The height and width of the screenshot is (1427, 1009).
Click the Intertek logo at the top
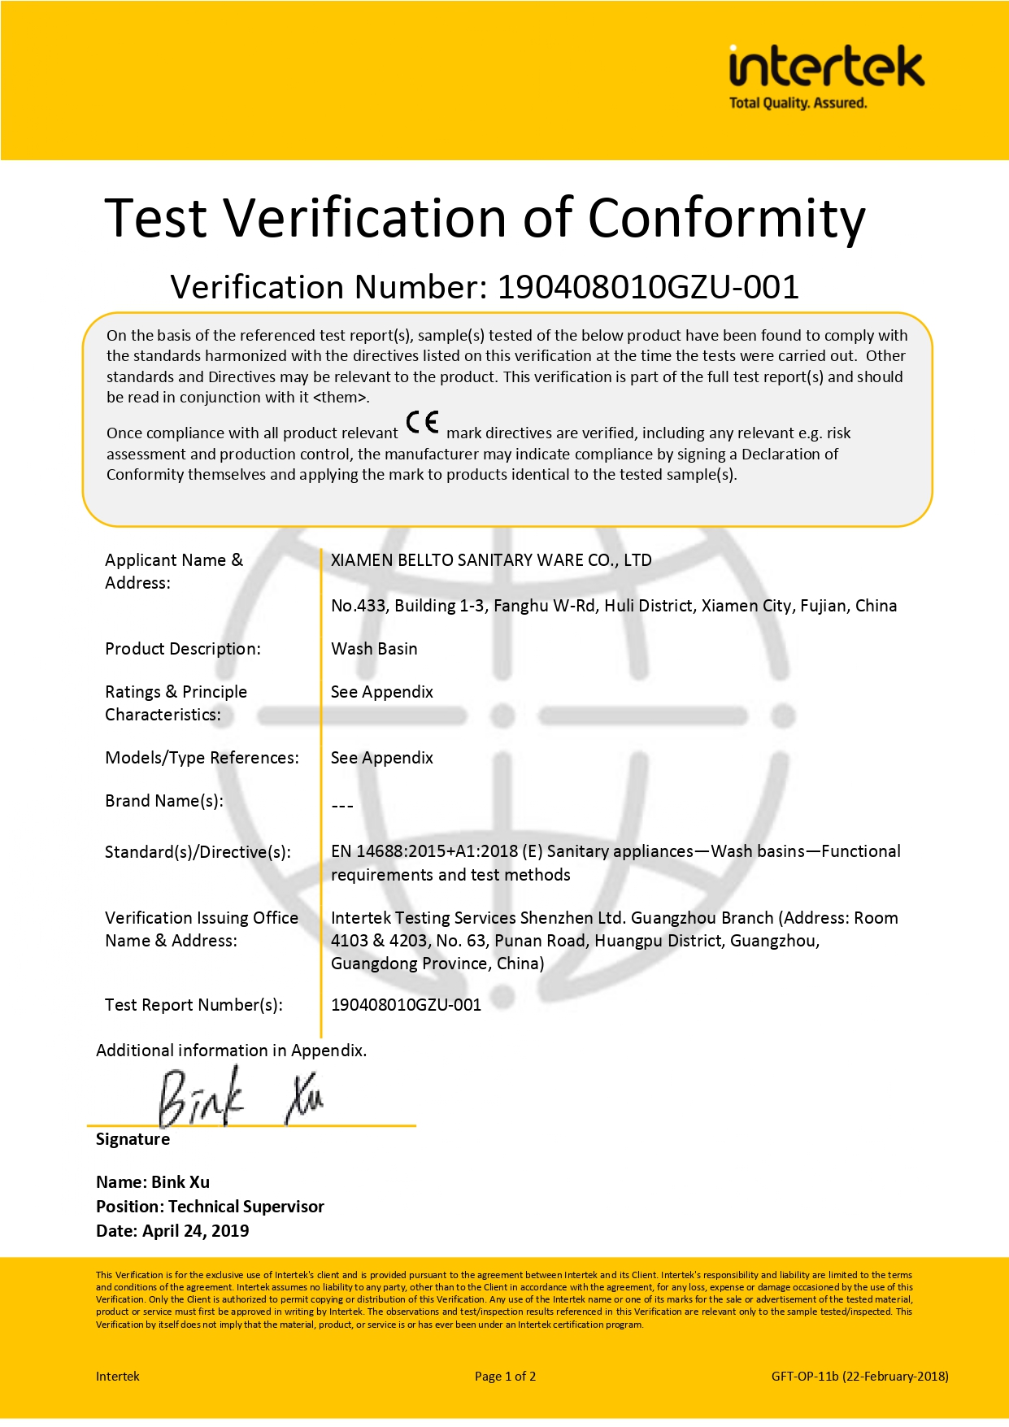pyautogui.click(x=826, y=68)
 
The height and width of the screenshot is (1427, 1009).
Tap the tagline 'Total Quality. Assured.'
pyautogui.click(x=798, y=103)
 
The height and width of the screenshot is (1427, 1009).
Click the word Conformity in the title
pyautogui.click(x=726, y=219)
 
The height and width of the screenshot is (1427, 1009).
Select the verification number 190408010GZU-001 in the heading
pyautogui.click(x=648, y=287)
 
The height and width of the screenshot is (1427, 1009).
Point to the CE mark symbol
pyautogui.click(x=422, y=423)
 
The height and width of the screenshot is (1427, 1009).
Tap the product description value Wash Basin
pyautogui.click(x=374, y=649)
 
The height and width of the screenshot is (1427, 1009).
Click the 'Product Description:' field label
pyautogui.click(x=183, y=649)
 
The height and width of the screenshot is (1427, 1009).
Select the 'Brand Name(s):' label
pyautogui.click(x=164, y=801)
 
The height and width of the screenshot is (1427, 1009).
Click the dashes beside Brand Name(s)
pyautogui.click(x=342, y=806)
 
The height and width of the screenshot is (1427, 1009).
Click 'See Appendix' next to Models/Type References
pyautogui.click(x=381, y=758)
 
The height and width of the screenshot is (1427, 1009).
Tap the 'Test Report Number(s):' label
pyautogui.click(x=194, y=1005)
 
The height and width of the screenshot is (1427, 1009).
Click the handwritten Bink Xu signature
pyautogui.click(x=241, y=1098)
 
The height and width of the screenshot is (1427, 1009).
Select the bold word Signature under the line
pyautogui.click(x=133, y=1139)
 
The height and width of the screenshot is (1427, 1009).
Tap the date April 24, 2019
pyautogui.click(x=195, y=1231)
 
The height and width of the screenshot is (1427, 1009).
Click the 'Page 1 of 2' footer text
pyautogui.click(x=505, y=1377)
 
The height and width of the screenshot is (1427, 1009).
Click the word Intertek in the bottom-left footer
pyautogui.click(x=117, y=1377)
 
